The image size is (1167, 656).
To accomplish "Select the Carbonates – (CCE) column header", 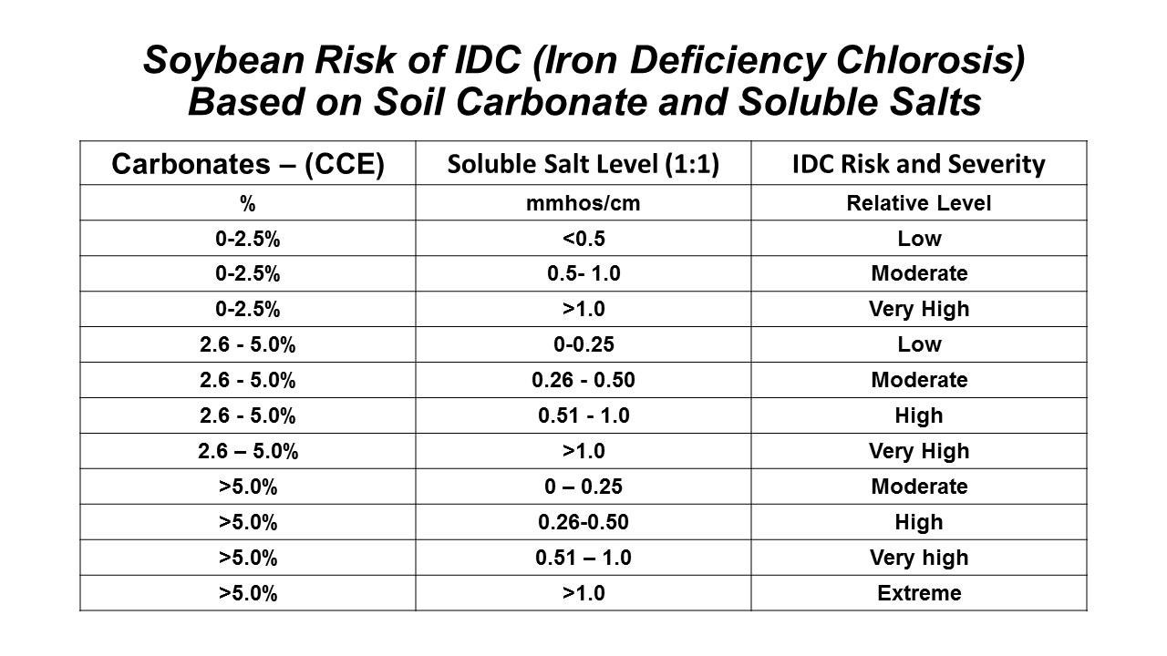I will point(247,165).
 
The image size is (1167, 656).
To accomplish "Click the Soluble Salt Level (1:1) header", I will point(583,165).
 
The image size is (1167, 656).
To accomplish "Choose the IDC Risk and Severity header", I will point(918,165).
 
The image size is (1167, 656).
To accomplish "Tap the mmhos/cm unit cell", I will point(583,203).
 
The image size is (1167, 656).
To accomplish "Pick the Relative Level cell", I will point(918,203).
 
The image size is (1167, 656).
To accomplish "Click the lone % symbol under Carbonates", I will point(247,203).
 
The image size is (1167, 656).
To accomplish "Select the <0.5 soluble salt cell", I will point(583,239).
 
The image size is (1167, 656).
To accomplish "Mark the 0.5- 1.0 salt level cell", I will point(583,273).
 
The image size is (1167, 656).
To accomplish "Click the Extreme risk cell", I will point(918,594).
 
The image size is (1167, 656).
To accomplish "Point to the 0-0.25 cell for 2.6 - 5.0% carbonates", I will point(583,344).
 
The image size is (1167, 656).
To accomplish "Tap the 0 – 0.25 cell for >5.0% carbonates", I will point(583,487).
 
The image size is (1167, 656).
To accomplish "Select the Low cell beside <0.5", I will point(918,239).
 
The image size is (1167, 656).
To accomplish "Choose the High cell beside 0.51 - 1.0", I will point(918,415).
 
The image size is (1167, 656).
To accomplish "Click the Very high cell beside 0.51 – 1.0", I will point(918,558).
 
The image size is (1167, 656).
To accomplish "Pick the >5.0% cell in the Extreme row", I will point(247,594).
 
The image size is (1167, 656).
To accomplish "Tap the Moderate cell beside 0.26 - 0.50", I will point(918,380).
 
